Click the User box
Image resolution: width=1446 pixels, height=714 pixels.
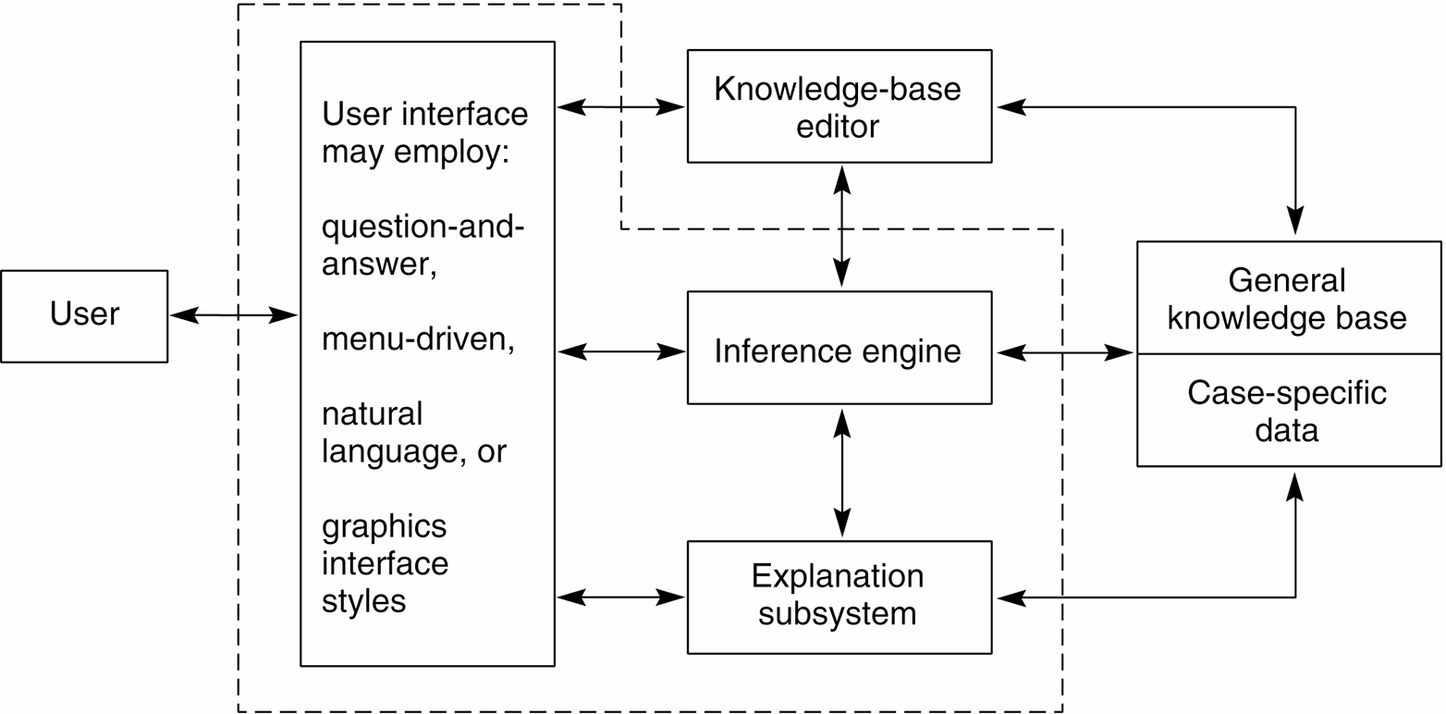pyautogui.click(x=84, y=315)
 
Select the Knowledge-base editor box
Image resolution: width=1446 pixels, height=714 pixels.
pyautogui.click(x=839, y=106)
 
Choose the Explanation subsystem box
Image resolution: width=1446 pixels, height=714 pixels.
pyautogui.click(x=839, y=597)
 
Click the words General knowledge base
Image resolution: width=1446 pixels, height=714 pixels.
pyautogui.click(x=1287, y=299)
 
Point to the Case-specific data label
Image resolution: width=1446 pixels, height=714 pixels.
pyautogui.click(x=1287, y=411)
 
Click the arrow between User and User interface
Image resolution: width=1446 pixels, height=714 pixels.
pyautogui.click(x=233, y=316)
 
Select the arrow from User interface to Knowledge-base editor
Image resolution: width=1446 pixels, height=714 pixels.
pyautogui.click(x=620, y=107)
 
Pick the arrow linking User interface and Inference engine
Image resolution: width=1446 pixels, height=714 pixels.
pyautogui.click(x=620, y=351)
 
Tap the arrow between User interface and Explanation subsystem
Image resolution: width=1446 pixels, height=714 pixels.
pyautogui.click(x=620, y=597)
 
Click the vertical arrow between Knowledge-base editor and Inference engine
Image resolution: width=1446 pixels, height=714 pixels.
pyautogui.click(x=841, y=227)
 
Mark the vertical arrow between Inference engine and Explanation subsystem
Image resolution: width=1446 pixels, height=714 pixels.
pyautogui.click(x=841, y=473)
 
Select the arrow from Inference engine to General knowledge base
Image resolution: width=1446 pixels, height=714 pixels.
pyautogui.click(x=1064, y=352)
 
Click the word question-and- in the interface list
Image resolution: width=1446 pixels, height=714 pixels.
pyautogui.click(x=423, y=227)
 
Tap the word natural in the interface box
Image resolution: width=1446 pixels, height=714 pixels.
pyautogui.click(x=372, y=413)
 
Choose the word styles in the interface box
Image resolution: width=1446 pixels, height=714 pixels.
pyautogui.click(x=363, y=601)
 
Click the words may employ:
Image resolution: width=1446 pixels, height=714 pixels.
pyautogui.click(x=415, y=151)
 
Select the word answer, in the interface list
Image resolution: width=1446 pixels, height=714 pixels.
pyautogui.click(x=379, y=265)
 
